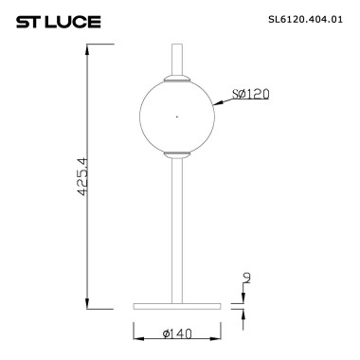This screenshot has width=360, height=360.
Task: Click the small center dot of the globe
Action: point(176,117)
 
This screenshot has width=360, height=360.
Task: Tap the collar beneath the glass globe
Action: point(176,153)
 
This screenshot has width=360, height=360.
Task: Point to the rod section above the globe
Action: point(176,57)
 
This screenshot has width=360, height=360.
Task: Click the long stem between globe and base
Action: point(176,227)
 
